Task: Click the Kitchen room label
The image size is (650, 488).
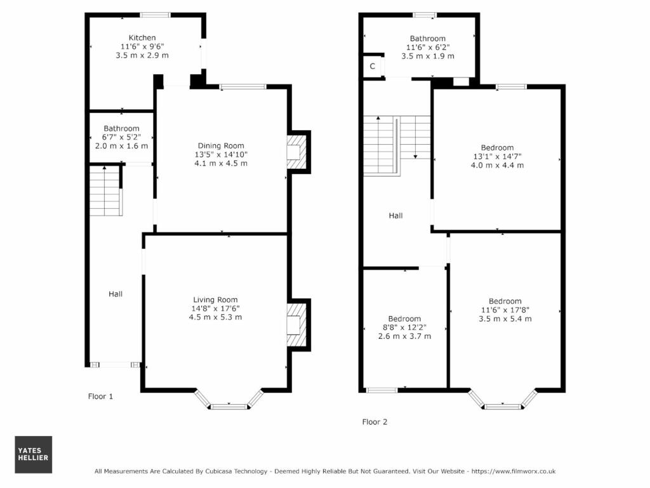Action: click(x=142, y=37)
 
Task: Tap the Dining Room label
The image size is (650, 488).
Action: click(x=221, y=145)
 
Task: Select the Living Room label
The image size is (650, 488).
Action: click(x=216, y=300)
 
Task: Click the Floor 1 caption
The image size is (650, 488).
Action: click(x=100, y=397)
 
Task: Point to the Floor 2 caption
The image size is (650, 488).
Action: click(x=375, y=422)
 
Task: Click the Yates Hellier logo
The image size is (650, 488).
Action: click(x=34, y=454)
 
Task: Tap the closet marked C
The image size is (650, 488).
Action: click(x=372, y=66)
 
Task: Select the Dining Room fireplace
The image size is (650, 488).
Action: click(x=297, y=152)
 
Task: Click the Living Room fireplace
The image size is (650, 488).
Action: click(x=297, y=325)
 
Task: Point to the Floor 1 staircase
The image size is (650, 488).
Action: click(x=106, y=191)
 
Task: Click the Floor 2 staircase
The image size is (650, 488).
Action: click(x=397, y=146)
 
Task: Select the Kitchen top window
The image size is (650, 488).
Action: click(x=155, y=15)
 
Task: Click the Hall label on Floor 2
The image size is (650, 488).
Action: click(x=396, y=215)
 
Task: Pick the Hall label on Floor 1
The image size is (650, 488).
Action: click(x=116, y=294)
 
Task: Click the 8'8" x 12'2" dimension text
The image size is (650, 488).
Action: click(x=404, y=327)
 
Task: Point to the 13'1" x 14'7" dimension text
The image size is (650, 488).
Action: click(x=498, y=156)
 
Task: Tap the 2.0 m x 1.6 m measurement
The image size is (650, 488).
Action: click(x=121, y=146)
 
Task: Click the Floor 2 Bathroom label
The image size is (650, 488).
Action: click(x=428, y=39)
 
